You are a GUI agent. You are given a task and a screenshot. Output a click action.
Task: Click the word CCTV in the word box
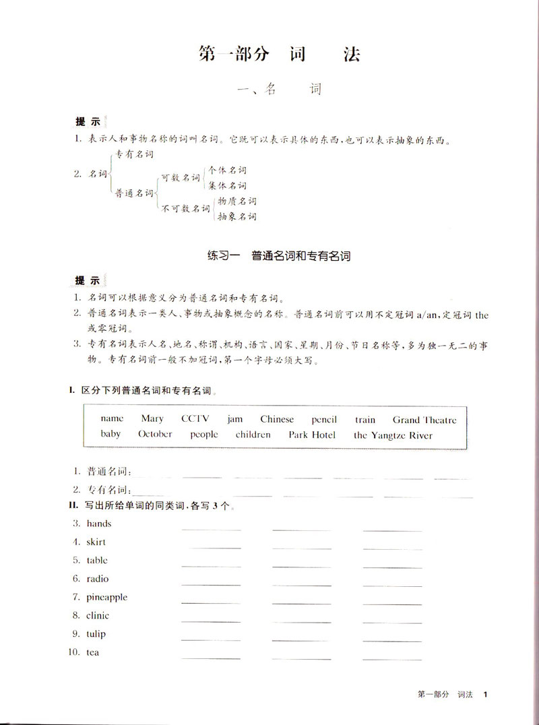tap(195, 419)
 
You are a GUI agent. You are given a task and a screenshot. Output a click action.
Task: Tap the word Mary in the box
tap(152, 419)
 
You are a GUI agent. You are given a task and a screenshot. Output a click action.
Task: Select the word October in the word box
tap(155, 435)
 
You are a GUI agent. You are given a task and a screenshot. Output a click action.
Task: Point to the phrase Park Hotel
tap(312, 435)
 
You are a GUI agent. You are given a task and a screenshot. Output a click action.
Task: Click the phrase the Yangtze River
tap(393, 435)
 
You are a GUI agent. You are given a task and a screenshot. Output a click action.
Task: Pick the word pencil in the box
tap(325, 419)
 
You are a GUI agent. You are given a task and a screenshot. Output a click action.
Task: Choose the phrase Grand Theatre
tap(424, 419)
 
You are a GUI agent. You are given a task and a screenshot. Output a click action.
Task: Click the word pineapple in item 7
tap(106, 597)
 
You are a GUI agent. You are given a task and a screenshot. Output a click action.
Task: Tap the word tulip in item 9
tap(96, 634)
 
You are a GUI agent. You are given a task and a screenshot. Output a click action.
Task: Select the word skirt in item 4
tap(96, 542)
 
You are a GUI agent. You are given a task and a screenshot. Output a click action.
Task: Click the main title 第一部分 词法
tap(279, 55)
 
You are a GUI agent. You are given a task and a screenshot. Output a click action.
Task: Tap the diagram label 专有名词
tap(134, 154)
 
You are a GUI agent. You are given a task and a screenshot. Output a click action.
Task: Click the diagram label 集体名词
tap(227, 185)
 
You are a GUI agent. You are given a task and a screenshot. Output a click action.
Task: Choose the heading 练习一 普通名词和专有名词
tap(279, 256)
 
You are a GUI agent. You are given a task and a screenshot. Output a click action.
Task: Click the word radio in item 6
tap(97, 579)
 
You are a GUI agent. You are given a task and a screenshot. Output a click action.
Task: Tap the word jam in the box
tap(234, 419)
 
